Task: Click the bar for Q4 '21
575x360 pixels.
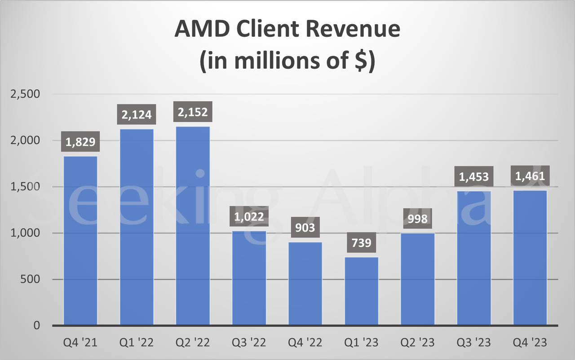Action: (x=80, y=240)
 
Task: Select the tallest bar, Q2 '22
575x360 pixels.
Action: (x=193, y=225)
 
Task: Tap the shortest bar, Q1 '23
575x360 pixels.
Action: (x=361, y=291)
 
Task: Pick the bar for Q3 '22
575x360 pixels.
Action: (x=249, y=278)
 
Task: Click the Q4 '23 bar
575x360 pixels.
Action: (x=530, y=258)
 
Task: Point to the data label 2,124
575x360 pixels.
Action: (x=137, y=115)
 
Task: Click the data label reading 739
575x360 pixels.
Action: (x=361, y=243)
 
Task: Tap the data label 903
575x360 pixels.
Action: (x=305, y=228)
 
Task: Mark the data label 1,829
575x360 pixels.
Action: (x=80, y=143)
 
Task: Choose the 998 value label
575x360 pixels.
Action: (x=417, y=219)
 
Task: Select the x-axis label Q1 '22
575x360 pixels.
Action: (x=137, y=343)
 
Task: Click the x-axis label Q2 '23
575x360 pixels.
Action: (x=417, y=343)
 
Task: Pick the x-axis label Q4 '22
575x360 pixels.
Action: (x=305, y=343)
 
